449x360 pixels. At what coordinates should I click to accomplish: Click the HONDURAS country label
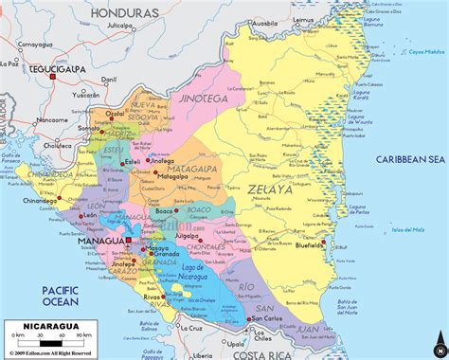(x=124, y=13)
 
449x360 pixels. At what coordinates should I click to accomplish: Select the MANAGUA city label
(x=101, y=243)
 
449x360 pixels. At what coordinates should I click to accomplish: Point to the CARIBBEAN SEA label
(x=409, y=159)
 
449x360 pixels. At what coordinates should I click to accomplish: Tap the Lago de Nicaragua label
(x=194, y=275)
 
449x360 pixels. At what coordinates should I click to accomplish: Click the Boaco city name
(x=165, y=210)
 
